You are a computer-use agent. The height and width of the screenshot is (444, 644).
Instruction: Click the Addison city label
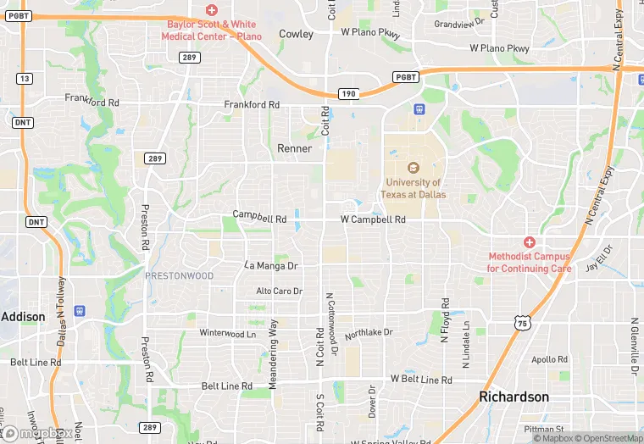pyautogui.click(x=23, y=316)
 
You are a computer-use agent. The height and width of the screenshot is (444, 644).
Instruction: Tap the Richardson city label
pyautogui.click(x=514, y=397)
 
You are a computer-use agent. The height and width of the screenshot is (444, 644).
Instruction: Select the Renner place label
pyautogui.click(x=295, y=148)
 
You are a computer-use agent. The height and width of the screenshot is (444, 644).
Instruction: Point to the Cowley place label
pyautogui.click(x=296, y=35)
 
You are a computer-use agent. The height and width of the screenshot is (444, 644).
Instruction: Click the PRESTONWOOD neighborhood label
pyautogui.click(x=179, y=276)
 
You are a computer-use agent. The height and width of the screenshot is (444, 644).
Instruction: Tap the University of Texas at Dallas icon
pyautogui.click(x=414, y=167)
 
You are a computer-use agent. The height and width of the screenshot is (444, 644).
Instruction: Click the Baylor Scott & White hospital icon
pyautogui.click(x=211, y=9)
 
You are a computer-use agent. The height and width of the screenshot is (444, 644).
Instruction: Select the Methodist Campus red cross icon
pyautogui.click(x=530, y=242)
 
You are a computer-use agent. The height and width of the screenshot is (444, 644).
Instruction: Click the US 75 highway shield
pyautogui.click(x=522, y=321)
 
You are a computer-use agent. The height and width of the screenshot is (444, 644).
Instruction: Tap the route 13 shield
pyautogui.click(x=24, y=79)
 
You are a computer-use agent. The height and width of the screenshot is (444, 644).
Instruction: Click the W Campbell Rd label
pyautogui.click(x=373, y=219)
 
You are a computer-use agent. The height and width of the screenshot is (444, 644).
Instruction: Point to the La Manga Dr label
pyautogui.click(x=271, y=265)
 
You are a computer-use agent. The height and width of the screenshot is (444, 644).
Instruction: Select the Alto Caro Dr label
pyautogui.click(x=280, y=291)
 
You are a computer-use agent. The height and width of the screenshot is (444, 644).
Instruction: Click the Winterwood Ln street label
pyautogui.click(x=227, y=333)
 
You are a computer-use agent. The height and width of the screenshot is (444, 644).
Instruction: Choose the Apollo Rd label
pyautogui.click(x=549, y=359)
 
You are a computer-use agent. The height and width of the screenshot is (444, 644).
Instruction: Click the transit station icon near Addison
pyautogui.click(x=79, y=311)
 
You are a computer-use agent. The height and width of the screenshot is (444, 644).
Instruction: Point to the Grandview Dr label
pyautogui.click(x=459, y=24)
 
